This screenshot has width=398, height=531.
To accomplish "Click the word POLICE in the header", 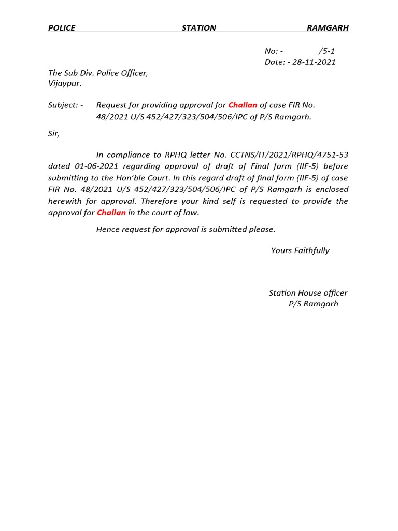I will coord(62,28).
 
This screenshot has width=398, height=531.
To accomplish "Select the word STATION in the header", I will coord(198,28).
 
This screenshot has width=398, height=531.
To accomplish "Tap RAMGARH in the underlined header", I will coord(328,28).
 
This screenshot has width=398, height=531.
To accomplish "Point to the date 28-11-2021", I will coord(314,62).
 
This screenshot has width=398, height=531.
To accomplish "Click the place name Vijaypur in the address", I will coord(64,83).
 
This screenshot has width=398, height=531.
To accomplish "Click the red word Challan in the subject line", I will coord(243,105).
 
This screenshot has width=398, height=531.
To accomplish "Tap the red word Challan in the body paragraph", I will coord(111,213).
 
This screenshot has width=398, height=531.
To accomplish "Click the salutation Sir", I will coord(53,134).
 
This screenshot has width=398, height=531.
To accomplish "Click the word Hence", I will coord(108,229).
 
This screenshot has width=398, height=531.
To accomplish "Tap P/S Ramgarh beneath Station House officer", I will coord(313,304).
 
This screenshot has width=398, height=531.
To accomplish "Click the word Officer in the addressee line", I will coord(134,73).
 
